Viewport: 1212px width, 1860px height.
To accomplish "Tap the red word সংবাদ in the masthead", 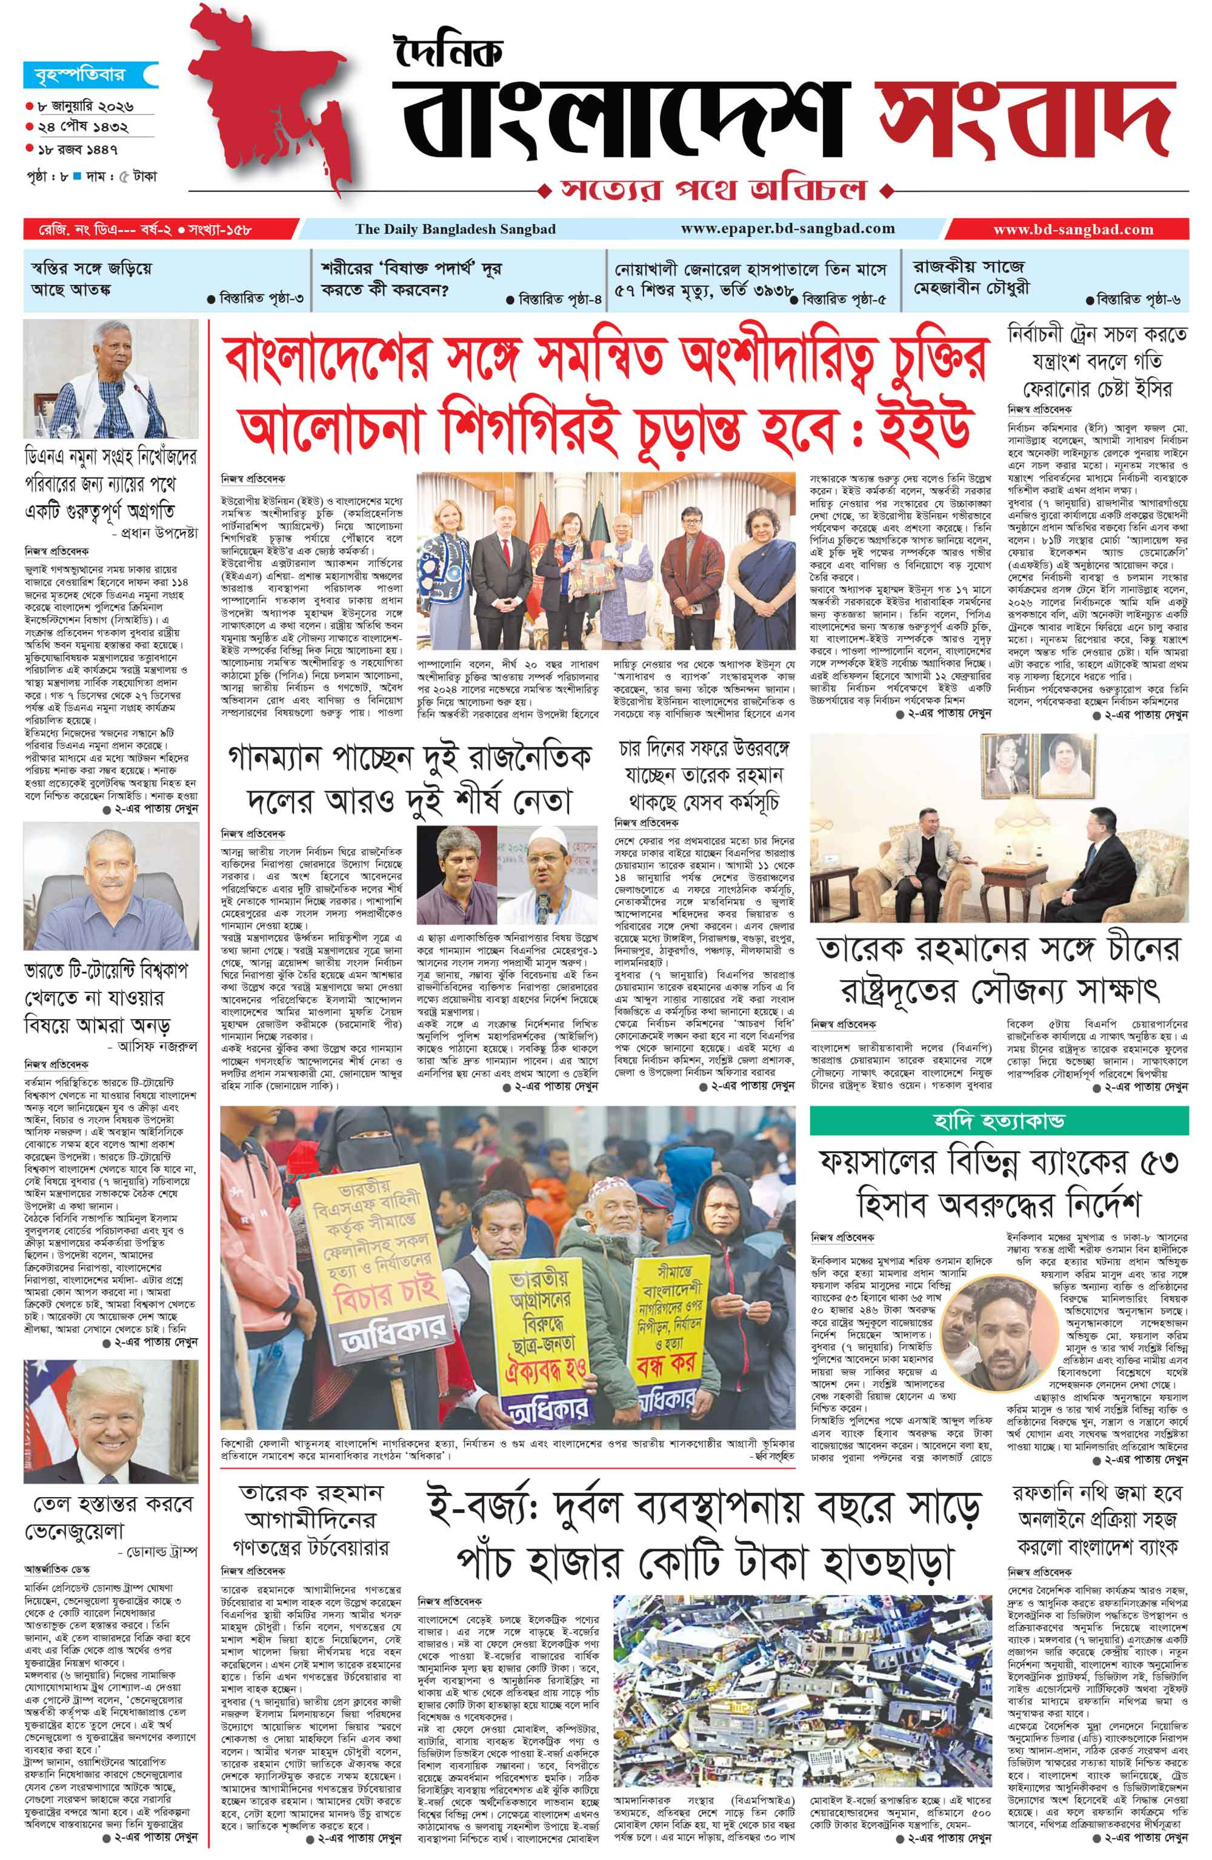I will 1024,117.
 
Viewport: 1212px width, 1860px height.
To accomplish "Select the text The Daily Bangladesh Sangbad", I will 455,230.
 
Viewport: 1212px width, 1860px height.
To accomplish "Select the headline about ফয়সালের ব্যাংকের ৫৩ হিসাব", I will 999,1180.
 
